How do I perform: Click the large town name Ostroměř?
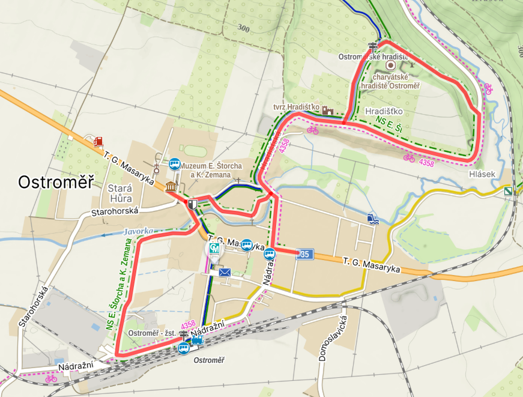click(56, 182)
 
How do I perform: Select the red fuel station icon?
click(98, 141)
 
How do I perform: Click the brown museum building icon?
click(171, 186)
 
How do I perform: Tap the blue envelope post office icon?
click(225, 273)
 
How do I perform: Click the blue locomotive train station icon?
click(197, 340)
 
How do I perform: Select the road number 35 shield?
click(305, 255)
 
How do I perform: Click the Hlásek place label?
click(482, 174)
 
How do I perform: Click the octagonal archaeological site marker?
click(390, 65)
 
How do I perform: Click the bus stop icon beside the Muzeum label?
click(175, 163)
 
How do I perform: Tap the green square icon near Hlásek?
click(508, 192)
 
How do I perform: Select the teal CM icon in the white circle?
click(214, 248)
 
